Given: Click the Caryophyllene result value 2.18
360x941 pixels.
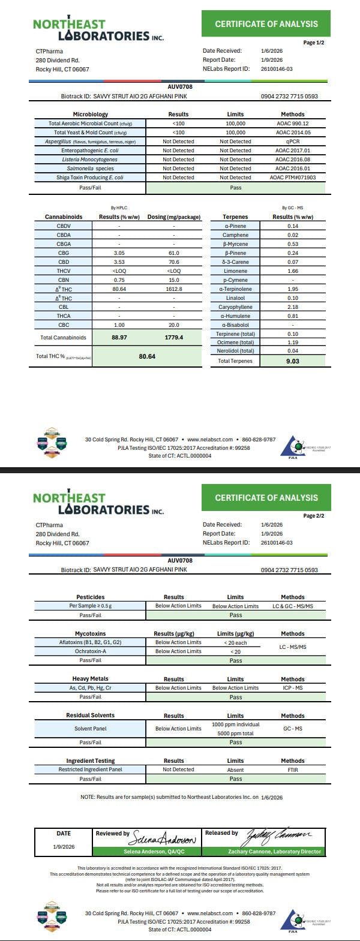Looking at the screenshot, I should point(293,307).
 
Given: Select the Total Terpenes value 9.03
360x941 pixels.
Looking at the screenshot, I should point(293,361).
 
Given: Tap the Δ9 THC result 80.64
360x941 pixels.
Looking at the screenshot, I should point(119,289).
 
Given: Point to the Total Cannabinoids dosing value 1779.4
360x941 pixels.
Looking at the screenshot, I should point(173,338).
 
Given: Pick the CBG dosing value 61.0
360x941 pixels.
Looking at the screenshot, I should point(173,253).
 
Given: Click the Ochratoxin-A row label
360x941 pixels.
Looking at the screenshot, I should point(90,651).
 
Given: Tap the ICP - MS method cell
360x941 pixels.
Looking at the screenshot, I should point(293,688).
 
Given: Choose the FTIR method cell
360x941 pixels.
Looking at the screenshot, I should point(293,769).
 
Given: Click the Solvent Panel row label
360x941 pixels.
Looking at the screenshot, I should point(90,729).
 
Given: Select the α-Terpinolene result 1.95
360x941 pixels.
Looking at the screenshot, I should point(293,289).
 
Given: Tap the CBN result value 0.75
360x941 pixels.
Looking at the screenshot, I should point(119,280).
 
